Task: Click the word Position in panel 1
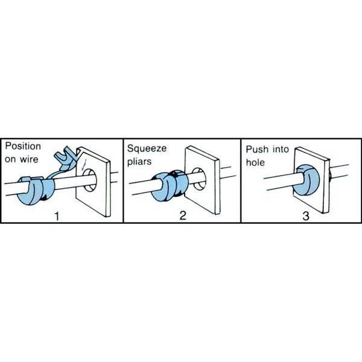pyautogui.click(x=23, y=147)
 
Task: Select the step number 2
pyautogui.click(x=183, y=215)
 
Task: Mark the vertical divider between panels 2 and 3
pyautogui.click(x=241, y=181)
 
